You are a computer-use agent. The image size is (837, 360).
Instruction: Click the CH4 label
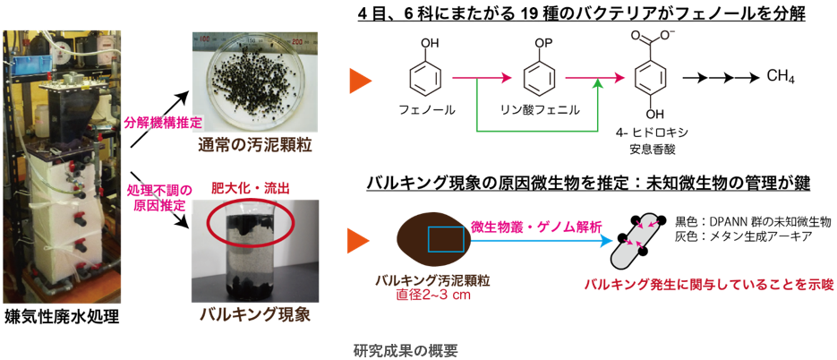781,76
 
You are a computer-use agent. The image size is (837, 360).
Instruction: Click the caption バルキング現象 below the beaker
253,314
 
